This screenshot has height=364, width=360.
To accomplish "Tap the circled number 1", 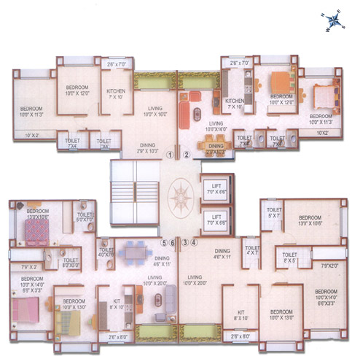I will [x=169, y=155].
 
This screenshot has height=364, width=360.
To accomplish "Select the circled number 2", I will [x=187, y=155].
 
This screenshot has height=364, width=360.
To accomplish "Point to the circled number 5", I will [x=165, y=242].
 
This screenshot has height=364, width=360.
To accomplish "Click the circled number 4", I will [x=194, y=242].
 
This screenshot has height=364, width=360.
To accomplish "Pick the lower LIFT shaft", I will [x=215, y=218].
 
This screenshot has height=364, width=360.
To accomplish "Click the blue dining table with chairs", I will [x=132, y=252].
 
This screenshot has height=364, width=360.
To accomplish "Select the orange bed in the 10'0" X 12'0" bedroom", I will [x=281, y=84].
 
